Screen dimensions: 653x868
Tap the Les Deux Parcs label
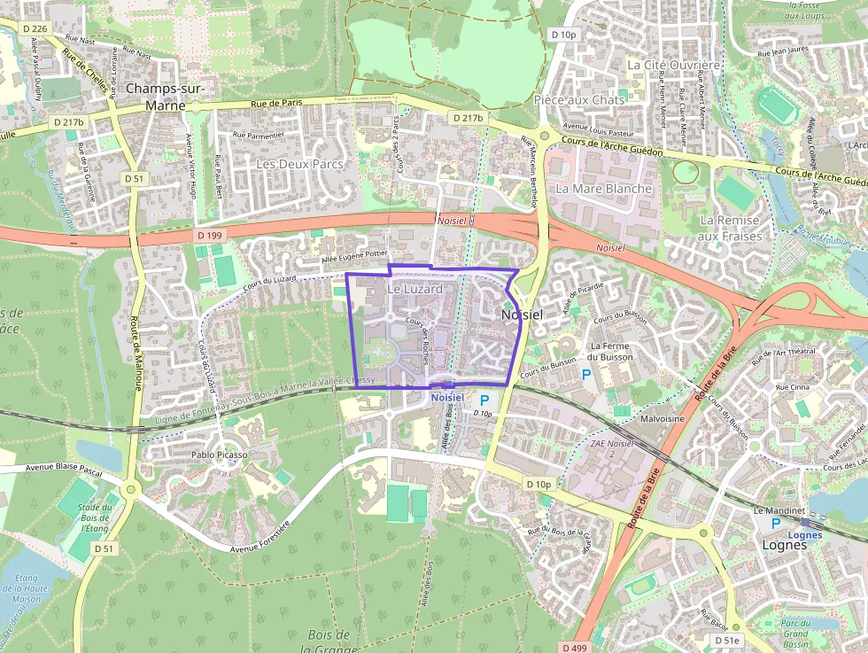[x=298, y=164]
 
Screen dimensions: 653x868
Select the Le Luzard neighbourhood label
[x=415, y=289]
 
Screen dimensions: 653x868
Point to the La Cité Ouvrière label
[x=674, y=65]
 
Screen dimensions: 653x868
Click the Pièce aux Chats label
[x=579, y=100]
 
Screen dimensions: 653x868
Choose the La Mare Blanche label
[x=604, y=189]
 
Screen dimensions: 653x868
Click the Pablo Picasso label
[x=219, y=455]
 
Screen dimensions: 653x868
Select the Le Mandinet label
[x=778, y=511]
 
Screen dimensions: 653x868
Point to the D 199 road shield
[x=210, y=235]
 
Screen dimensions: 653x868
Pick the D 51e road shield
[x=726, y=640]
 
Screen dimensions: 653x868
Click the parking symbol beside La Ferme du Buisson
[x=585, y=376]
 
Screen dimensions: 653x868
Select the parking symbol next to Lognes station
[x=776, y=524]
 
